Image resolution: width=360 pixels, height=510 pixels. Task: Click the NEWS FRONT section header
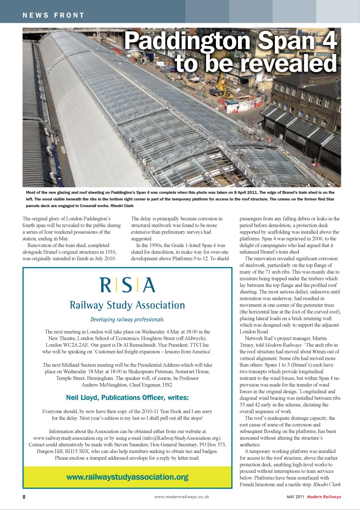point(53,16)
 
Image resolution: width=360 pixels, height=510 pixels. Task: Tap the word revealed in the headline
point(288,63)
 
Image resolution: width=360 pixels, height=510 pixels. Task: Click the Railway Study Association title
point(127,305)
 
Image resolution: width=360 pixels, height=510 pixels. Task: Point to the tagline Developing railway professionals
point(127,320)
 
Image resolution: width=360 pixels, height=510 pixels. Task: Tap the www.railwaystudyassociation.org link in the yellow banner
point(127,477)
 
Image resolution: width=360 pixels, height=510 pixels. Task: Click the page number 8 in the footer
point(24,497)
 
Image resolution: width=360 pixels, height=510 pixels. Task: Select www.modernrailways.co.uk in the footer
point(181,497)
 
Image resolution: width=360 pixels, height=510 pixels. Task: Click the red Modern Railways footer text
point(324,497)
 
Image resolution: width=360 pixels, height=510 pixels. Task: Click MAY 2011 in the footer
point(295,497)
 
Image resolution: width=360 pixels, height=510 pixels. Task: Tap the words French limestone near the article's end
point(259,484)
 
